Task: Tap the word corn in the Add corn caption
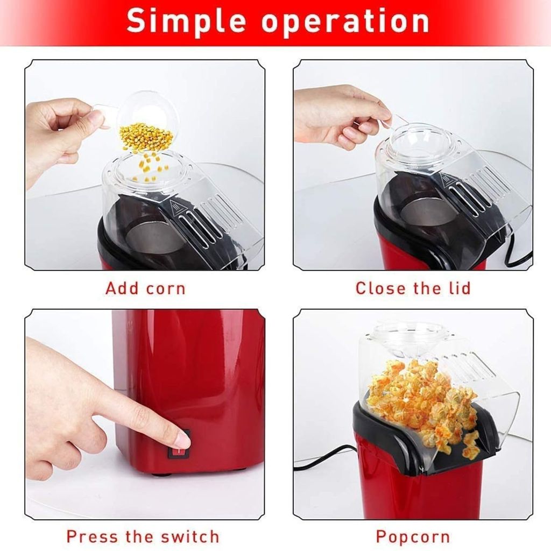coord(166,289)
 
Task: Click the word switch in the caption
coord(190,536)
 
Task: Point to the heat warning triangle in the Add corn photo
coord(175,207)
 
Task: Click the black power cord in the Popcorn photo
coord(323,457)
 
